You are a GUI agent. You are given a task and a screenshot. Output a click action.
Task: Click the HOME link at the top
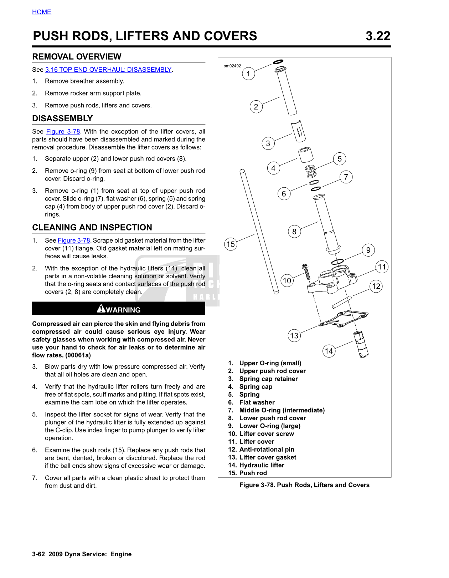42,12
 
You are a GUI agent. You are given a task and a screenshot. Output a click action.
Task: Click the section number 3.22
378,36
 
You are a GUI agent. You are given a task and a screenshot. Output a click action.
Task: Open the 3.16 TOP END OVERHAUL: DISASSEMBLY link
108,70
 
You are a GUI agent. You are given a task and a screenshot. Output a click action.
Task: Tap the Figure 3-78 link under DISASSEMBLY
63,132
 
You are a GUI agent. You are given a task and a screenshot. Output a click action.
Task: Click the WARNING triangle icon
101,309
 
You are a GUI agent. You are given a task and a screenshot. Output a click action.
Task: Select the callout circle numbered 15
231,244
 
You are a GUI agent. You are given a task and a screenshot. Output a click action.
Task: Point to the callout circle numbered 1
248,74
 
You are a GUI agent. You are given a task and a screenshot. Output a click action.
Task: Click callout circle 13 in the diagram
294,336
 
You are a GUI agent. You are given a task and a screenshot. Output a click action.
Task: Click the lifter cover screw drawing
306,272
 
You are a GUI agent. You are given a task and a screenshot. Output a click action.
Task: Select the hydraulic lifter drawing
360,344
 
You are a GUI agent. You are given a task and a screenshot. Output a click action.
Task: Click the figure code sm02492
232,66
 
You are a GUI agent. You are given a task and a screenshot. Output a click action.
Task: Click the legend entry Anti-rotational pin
267,450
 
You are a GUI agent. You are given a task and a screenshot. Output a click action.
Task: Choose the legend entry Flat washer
257,402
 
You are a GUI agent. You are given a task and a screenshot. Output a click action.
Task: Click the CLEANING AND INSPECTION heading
92,228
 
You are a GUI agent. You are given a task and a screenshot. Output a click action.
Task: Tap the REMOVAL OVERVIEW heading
77,57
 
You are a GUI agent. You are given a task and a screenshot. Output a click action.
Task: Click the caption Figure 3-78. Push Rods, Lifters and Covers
304,485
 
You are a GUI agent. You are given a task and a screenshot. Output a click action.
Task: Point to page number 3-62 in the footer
38,554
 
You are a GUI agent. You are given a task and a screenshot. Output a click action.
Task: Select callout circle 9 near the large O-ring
368,250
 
